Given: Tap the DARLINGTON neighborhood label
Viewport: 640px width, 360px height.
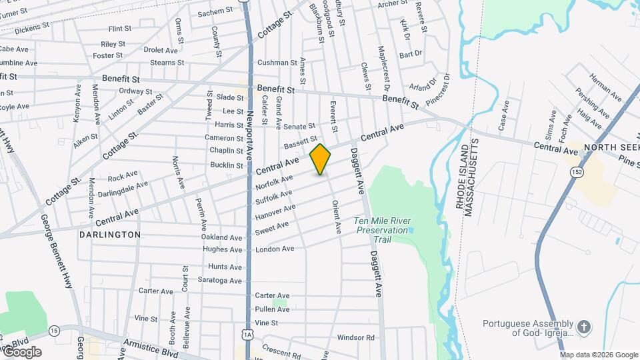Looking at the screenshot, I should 110,235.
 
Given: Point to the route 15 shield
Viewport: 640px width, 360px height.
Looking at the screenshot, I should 54,330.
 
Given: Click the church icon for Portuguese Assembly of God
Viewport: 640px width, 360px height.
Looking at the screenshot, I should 583,327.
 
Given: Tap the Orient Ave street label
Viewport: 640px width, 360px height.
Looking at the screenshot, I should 337,217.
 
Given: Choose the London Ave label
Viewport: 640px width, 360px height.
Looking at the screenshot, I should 275,249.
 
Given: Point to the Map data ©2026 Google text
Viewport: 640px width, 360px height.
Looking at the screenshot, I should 599,355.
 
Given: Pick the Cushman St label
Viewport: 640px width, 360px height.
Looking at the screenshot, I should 277,63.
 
